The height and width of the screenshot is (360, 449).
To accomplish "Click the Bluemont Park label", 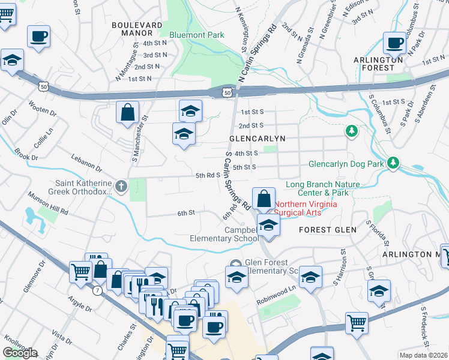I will click(196, 35).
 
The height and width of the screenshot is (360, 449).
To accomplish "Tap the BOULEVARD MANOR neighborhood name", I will click(137, 29).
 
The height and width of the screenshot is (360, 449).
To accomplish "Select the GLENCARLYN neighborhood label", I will click(257, 138).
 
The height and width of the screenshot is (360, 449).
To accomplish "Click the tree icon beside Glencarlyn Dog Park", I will click(393, 163).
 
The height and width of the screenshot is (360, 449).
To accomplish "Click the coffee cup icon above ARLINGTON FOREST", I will click(394, 43).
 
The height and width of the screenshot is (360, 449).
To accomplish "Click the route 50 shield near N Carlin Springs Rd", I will click(225, 92).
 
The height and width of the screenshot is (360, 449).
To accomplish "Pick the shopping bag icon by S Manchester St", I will click(127, 112).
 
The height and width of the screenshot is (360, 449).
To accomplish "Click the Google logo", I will click(20, 353).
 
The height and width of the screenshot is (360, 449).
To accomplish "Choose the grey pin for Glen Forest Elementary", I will click(236, 264).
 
